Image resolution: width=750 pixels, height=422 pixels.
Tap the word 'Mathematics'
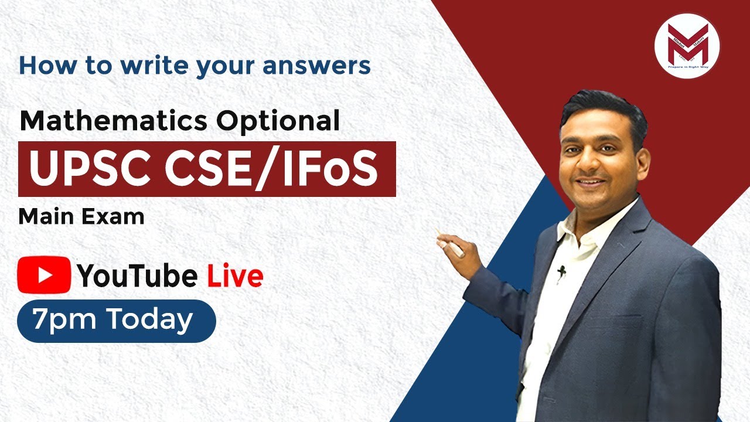pos(113,121)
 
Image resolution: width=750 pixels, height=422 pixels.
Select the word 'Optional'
pos(278,121)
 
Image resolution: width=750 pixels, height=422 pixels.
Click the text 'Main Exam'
pos(81,217)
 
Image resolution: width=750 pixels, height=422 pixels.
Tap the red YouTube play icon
pos(44,274)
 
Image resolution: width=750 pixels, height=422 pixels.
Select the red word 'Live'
pos(234,276)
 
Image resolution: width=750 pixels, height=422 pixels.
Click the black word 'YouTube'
pos(137,276)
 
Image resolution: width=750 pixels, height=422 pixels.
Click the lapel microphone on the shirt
pos(561,271)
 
